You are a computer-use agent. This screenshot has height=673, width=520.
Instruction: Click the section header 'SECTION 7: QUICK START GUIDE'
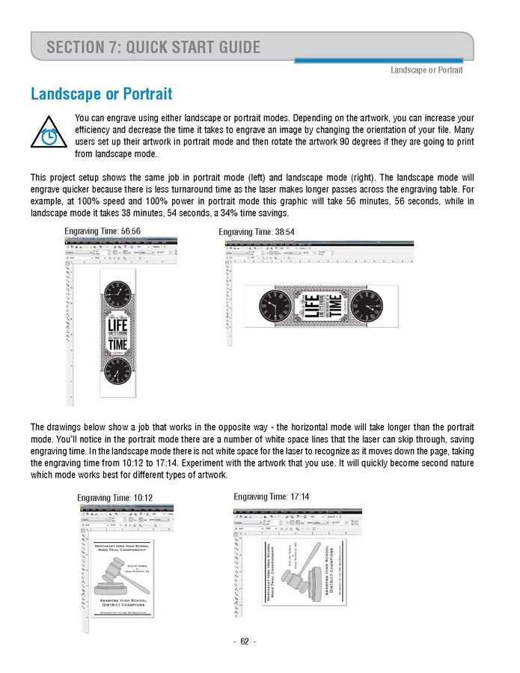(153, 48)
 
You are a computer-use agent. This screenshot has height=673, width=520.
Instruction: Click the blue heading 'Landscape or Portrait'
(101, 94)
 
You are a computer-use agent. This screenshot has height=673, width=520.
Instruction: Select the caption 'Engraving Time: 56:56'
(103, 231)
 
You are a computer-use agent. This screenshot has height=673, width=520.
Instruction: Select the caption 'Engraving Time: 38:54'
(257, 232)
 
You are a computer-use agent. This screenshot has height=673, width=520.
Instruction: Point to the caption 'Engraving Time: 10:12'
(114, 497)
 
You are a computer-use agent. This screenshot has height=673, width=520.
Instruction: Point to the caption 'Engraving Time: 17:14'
(272, 496)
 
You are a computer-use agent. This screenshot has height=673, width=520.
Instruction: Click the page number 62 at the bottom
(245, 642)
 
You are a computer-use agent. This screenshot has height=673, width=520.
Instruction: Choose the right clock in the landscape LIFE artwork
(367, 305)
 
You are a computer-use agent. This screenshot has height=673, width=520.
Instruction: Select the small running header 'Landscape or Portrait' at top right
(426, 70)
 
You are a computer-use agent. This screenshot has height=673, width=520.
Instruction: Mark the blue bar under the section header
(378, 61)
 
